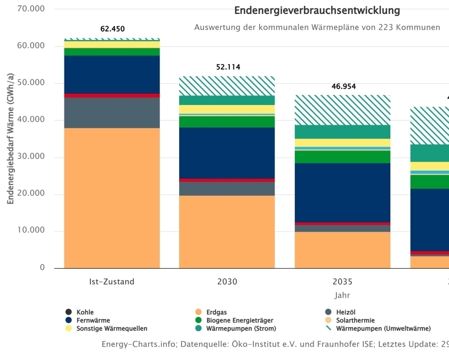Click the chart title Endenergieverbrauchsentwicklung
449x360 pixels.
(317, 11)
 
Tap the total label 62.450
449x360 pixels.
(112, 29)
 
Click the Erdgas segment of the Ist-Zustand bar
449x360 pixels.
(112, 197)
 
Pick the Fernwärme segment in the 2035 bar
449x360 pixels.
(342, 193)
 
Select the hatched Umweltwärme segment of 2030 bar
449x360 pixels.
(227, 86)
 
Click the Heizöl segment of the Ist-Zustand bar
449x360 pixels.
(112, 113)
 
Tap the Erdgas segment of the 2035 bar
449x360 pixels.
(342, 250)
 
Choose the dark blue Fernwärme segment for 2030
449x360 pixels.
(227, 153)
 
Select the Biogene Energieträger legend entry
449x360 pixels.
(232, 321)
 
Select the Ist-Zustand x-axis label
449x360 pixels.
(112, 282)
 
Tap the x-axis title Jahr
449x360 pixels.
(342, 295)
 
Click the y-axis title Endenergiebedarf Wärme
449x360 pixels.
(10, 143)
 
